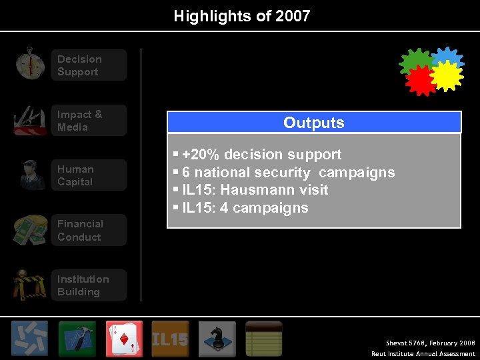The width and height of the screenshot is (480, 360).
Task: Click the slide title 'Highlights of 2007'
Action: [242, 16]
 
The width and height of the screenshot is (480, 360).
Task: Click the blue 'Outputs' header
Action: [314, 123]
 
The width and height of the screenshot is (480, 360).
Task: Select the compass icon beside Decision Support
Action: [30, 64]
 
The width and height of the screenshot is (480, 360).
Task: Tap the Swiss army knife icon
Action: [30, 120]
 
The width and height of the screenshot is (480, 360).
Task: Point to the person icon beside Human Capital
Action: [31, 175]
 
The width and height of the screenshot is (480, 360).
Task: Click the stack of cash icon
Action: [30, 230]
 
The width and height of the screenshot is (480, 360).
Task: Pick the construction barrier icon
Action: [30, 285]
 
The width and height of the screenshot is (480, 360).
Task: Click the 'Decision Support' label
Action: [79, 65]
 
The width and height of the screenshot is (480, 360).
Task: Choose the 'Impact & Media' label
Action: [80, 121]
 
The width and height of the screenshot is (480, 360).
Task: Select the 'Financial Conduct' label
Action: [80, 231]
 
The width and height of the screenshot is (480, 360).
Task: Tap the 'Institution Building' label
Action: [83, 285]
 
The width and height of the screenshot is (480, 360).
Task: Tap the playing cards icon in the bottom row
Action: [124, 339]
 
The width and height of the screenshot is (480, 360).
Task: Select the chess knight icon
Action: [217, 339]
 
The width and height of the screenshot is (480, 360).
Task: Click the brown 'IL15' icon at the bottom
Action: [171, 339]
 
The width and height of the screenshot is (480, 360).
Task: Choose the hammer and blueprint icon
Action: [77, 339]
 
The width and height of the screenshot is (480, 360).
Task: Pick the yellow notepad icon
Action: [264, 339]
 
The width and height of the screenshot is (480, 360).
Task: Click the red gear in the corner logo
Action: [420, 80]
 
